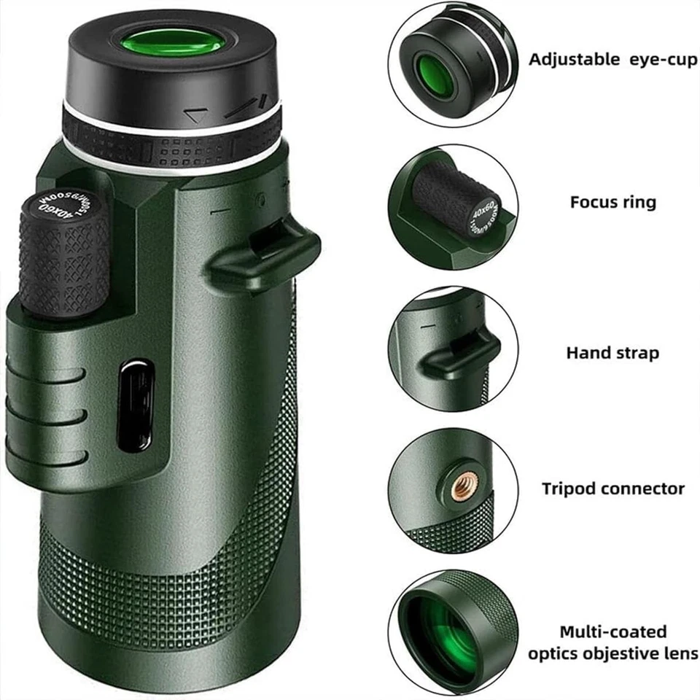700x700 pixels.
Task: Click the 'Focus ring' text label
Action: (612, 202)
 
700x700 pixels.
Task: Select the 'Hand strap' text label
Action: (612, 353)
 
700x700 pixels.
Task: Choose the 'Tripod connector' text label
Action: (612, 489)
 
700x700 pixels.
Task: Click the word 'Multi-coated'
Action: (612, 631)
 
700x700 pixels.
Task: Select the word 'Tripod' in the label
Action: (568, 489)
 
